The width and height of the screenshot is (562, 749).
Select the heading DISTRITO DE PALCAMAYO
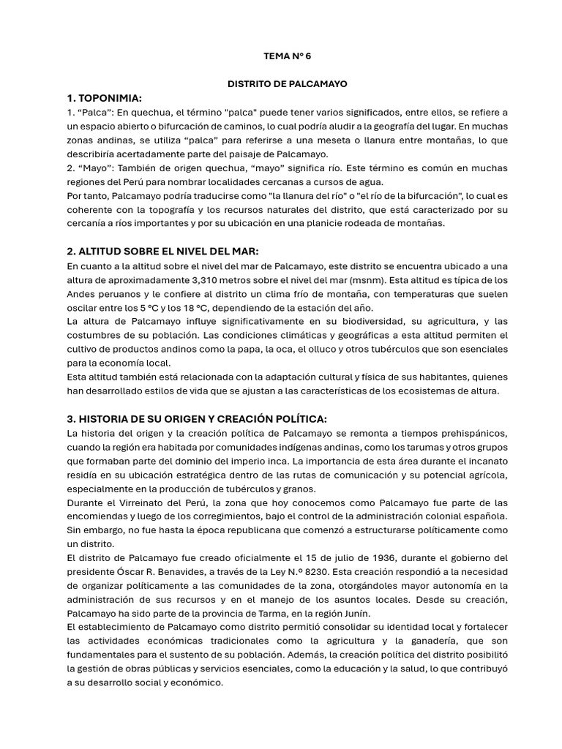tap(288, 84)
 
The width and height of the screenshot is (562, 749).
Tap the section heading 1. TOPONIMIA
tap(104, 98)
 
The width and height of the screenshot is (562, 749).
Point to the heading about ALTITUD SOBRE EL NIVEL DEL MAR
tap(162, 252)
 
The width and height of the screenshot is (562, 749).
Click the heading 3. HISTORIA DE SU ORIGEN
tap(197, 418)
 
